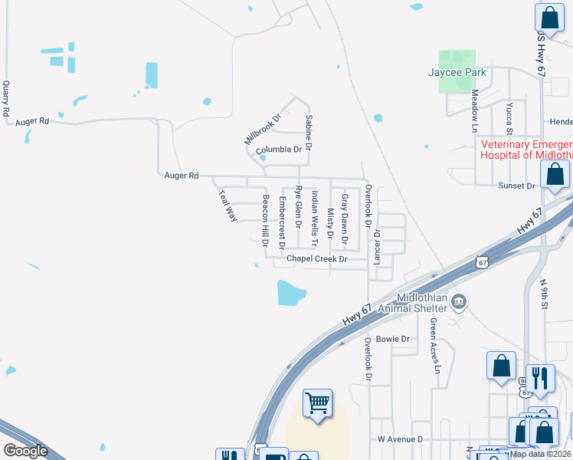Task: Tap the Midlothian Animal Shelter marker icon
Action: [459, 301]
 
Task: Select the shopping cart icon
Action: [317, 402]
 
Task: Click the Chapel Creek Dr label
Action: [316, 259]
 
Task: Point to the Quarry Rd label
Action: [6, 99]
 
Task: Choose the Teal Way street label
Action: [228, 205]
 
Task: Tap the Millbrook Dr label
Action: [263, 129]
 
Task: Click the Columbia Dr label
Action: [279, 149]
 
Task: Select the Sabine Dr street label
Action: [309, 131]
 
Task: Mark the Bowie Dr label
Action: [394, 338]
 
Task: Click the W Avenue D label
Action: [400, 439]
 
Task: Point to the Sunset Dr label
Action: [516, 186]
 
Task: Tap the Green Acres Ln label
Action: [436, 346]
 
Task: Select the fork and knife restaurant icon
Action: [540, 378]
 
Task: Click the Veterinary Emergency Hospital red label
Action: [526, 149]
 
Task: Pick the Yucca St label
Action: [509, 120]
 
